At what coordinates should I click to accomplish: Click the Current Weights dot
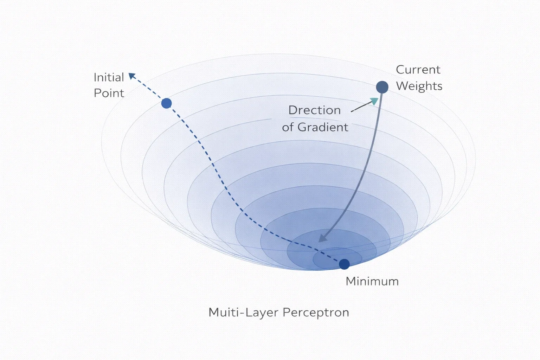pyautogui.click(x=382, y=87)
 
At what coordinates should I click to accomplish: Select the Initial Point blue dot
pyautogui.click(x=166, y=103)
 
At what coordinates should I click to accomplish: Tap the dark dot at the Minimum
pyautogui.click(x=344, y=264)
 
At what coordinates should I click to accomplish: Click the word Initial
pyautogui.click(x=109, y=77)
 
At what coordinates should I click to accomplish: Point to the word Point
pyautogui.click(x=109, y=93)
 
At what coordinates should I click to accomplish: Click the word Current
pyautogui.click(x=418, y=70)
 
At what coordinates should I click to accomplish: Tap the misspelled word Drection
pyautogui.click(x=314, y=110)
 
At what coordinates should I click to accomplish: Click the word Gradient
pyautogui.click(x=323, y=127)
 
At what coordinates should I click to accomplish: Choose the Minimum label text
pyautogui.click(x=372, y=281)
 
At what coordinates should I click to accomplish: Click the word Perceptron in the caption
pyautogui.click(x=316, y=313)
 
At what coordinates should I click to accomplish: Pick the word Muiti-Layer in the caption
pyautogui.click(x=243, y=313)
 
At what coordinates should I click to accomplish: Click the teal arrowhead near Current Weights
pyautogui.click(x=374, y=101)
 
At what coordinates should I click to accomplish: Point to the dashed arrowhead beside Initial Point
pyautogui.click(x=132, y=76)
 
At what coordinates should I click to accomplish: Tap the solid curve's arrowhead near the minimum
pyautogui.click(x=322, y=238)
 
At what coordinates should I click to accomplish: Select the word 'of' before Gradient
pyautogui.click(x=288, y=127)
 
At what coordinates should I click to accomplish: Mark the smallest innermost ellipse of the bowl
pyautogui.click(x=337, y=248)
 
